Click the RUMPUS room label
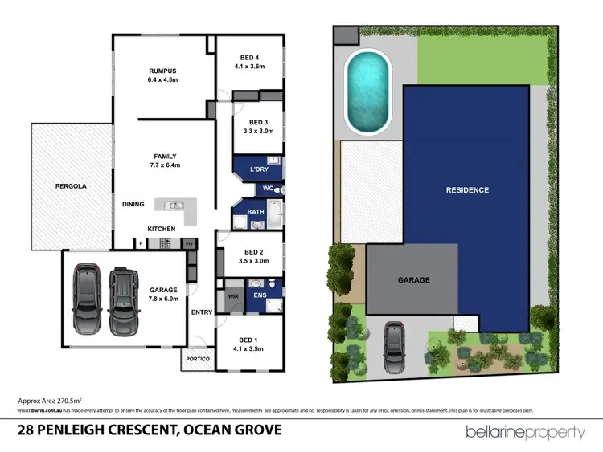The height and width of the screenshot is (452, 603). [x=163, y=71]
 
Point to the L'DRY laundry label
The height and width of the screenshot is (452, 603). [x=258, y=170]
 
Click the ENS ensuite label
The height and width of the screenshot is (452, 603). [x=258, y=296]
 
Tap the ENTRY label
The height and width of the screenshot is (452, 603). [x=201, y=313]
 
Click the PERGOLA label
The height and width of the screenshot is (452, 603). [x=71, y=185]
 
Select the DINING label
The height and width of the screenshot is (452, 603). [x=133, y=204]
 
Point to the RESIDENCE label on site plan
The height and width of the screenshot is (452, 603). [x=467, y=190]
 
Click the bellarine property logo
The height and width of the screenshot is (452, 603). [x=525, y=432]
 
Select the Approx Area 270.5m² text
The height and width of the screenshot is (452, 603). [x=50, y=400]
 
